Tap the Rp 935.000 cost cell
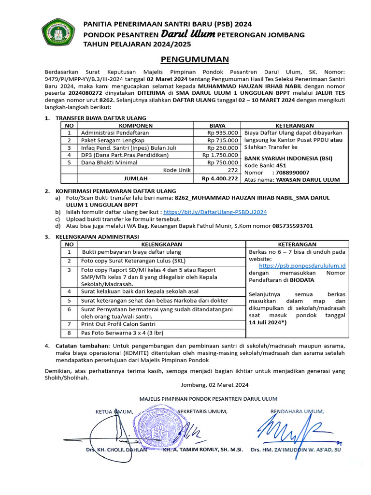pyautogui.click(x=223, y=132)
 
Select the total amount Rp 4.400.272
pyautogui.click(x=220, y=179)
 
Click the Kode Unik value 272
pyautogui.click(x=232, y=171)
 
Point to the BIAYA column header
pyautogui.click(x=217, y=125)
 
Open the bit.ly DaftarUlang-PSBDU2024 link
pyautogui.click(x=215, y=212)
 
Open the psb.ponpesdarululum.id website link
pyautogui.click(x=302, y=265)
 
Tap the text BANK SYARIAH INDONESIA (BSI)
pyautogui.click(x=288, y=158)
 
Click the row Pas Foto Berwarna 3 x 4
pyautogui.click(x=121, y=333)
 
